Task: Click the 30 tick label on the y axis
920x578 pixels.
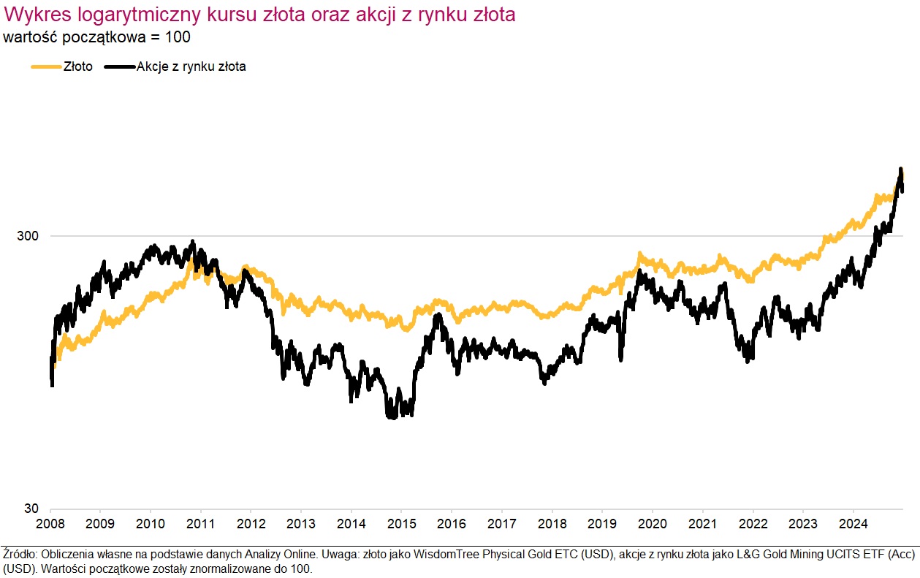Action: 33,509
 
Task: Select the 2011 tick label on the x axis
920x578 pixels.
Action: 200,524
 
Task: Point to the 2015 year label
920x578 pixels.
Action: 401,524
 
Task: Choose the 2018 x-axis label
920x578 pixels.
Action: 552,524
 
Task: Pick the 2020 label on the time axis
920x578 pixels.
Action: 652,524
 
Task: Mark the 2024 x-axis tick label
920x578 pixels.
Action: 853,524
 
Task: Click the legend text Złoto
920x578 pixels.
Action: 78,66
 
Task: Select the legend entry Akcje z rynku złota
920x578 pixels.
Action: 191,66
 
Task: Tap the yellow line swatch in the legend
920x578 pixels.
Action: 45,66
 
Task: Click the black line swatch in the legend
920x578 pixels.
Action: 120,66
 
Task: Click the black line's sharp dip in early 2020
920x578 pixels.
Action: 621,359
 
